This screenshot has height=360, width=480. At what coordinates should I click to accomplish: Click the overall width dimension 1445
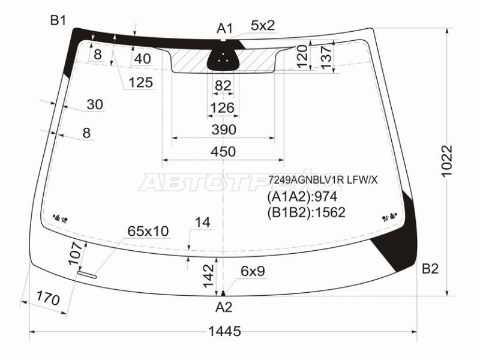[225, 331]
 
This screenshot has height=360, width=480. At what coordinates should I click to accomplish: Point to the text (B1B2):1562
[306, 212]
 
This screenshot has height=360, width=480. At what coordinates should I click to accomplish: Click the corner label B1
[58, 21]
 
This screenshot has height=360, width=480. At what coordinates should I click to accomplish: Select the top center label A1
[224, 28]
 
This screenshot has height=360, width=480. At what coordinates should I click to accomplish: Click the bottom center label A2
[223, 308]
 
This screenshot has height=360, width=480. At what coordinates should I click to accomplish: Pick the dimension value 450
[223, 152]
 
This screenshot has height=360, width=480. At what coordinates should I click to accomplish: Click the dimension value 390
[223, 130]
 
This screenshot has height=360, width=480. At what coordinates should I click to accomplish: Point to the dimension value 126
[223, 108]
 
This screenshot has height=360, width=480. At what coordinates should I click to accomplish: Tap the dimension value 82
[223, 86]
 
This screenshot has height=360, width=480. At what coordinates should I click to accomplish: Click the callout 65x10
[148, 231]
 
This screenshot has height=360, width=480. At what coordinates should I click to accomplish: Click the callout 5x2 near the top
[263, 25]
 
